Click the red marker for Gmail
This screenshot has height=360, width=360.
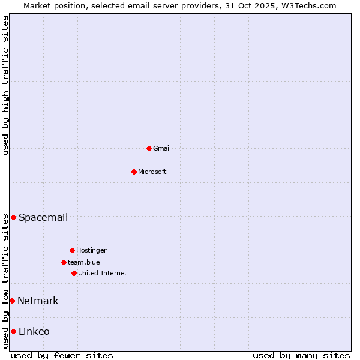coord(149,148)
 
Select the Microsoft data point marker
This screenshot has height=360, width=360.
coord(134,172)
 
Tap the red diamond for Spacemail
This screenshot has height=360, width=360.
coord(13,217)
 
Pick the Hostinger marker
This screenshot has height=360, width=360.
coord(72,250)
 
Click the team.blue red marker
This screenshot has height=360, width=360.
coord(64,262)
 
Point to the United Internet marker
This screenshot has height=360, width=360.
coord(74,273)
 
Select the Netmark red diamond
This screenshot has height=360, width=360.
coord(12,301)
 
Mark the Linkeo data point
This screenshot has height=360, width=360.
coord(13,331)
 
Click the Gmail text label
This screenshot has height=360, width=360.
coord(162,148)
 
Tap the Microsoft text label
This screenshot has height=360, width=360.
coord(152,172)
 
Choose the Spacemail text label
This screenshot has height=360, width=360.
coord(43,217)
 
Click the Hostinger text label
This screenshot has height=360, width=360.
coord(91,250)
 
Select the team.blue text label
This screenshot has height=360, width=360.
coord(84,262)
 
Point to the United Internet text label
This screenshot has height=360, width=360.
coord(103,273)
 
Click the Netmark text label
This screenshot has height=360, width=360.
coord(38,301)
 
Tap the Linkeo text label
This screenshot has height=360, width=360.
coord(34,331)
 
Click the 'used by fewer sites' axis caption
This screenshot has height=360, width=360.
coord(62,355)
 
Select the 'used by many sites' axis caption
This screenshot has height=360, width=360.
coord(301,355)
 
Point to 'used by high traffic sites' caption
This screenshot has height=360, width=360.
coord(5,85)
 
